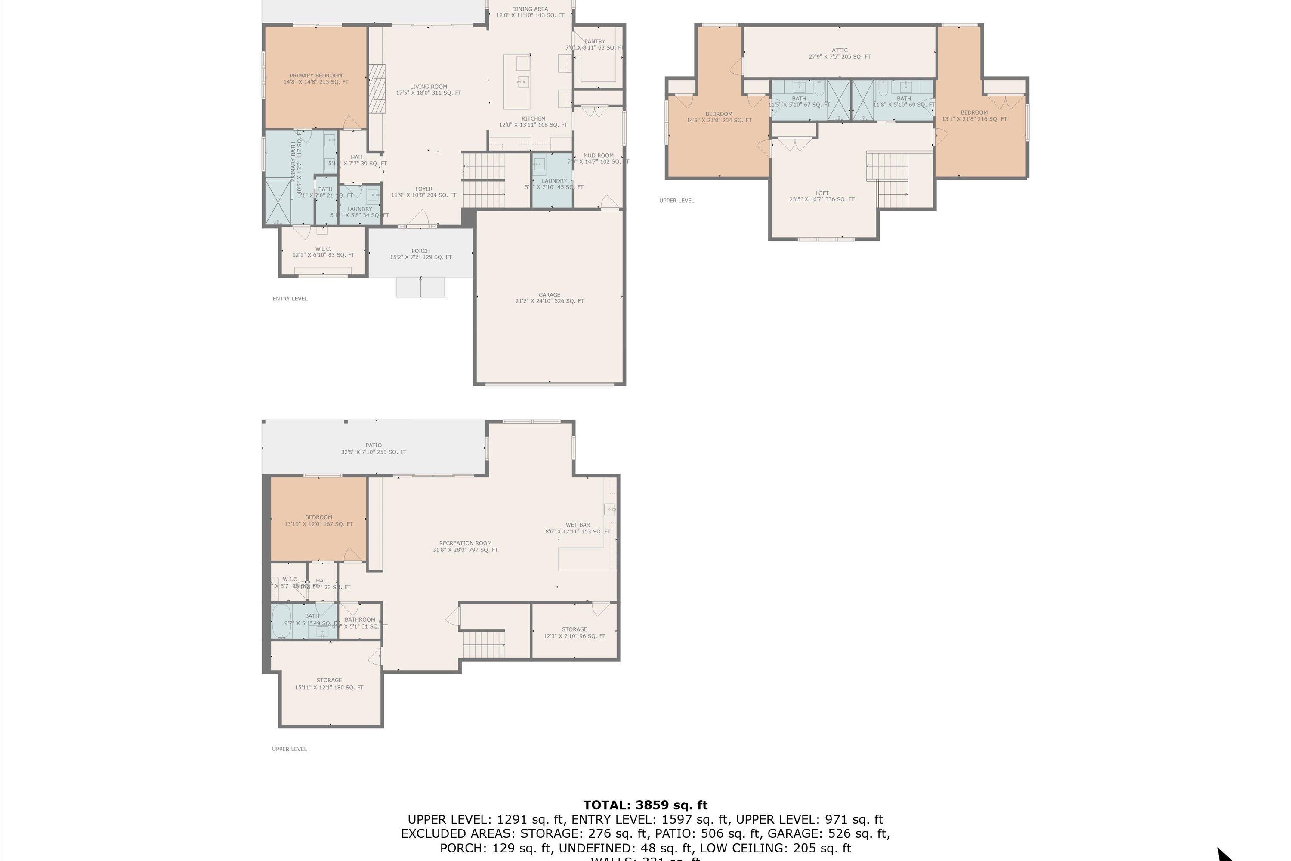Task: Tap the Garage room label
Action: click(x=549, y=297)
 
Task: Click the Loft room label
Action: click(x=822, y=196)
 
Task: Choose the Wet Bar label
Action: click(x=578, y=528)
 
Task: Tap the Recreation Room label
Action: click(x=465, y=546)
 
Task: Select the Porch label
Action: click(x=420, y=254)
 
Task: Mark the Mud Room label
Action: click(x=598, y=158)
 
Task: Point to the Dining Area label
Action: click(x=530, y=12)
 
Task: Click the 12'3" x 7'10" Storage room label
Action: click(x=574, y=632)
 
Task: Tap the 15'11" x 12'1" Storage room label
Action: click(x=329, y=684)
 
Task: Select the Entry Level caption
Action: click(x=290, y=299)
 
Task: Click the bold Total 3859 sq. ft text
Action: click(x=645, y=805)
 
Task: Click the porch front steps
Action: click(x=420, y=287)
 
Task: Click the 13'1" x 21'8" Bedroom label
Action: click(x=974, y=115)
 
